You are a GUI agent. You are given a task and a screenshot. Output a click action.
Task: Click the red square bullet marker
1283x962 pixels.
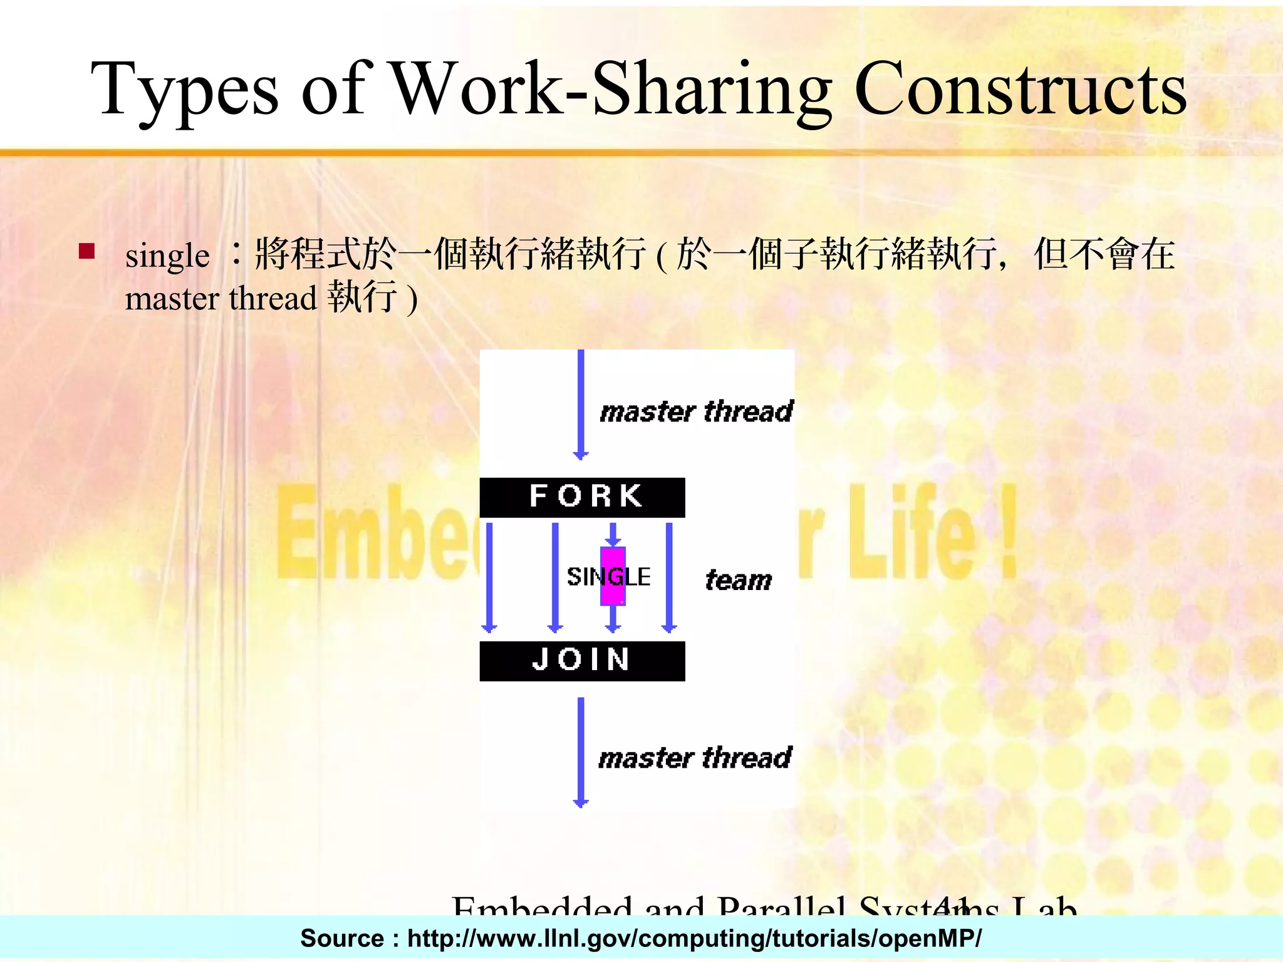[86, 251]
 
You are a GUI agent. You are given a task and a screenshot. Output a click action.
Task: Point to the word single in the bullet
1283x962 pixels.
[167, 256]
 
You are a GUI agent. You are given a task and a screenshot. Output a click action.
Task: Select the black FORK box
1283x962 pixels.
[582, 497]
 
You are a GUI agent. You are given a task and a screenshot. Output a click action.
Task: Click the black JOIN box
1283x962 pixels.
[582, 661]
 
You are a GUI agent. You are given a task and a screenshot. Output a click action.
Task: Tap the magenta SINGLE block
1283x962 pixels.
[613, 576]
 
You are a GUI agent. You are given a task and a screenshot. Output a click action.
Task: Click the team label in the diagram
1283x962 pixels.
[739, 580]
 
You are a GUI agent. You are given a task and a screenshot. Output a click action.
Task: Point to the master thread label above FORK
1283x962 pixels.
[696, 411]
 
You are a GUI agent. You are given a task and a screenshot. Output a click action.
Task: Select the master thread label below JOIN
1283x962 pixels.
[695, 758]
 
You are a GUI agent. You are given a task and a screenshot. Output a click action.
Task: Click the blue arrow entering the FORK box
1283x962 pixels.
[581, 404]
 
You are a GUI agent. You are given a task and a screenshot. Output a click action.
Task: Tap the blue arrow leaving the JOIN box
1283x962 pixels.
[581, 752]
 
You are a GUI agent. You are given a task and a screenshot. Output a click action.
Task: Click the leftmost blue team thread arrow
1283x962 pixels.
[489, 576]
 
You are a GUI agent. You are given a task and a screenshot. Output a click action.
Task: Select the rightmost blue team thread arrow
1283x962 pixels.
[669, 576]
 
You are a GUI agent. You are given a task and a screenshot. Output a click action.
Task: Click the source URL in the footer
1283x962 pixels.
[694, 938]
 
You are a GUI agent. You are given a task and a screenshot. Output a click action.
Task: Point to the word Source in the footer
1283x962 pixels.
[341, 938]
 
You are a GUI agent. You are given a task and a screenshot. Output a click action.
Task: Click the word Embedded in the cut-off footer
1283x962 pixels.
[543, 906]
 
